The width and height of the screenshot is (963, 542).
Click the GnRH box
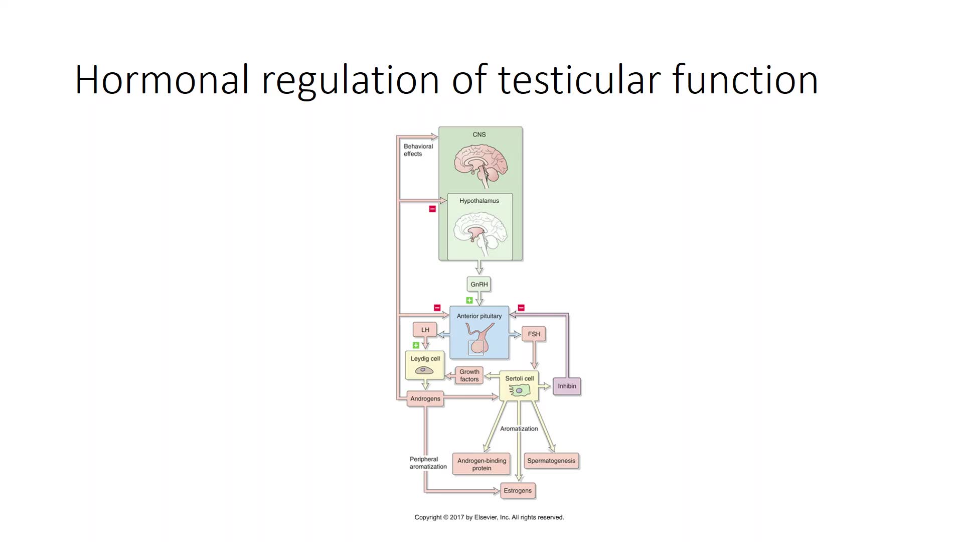(479, 285)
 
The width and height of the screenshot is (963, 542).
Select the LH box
(425, 330)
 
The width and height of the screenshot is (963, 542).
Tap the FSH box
(534, 334)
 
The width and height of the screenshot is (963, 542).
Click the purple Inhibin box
(567, 386)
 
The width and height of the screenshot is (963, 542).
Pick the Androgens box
(425, 399)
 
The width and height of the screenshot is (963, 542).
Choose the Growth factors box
(469, 375)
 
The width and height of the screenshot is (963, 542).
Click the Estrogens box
(518, 491)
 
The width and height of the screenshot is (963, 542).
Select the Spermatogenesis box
(551, 461)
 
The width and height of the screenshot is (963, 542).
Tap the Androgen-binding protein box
(481, 464)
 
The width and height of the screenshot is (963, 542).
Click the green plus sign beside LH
(416, 345)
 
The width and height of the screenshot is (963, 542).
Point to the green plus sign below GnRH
(469, 301)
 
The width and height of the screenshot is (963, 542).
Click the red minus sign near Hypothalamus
(432, 209)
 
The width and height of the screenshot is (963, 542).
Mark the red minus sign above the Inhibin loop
(521, 308)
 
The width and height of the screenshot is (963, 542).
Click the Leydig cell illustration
(424, 371)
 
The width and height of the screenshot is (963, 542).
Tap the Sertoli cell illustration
(519, 390)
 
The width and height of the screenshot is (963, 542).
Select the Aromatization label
(519, 429)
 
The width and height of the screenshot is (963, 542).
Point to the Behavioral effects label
(418, 150)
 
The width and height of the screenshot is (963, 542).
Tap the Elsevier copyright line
(489, 517)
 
